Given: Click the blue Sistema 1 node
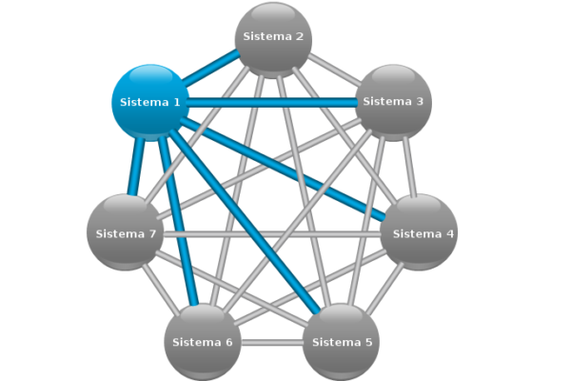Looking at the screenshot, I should (150, 101).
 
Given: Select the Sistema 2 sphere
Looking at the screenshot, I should (273, 38).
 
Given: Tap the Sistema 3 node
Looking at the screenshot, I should (394, 101).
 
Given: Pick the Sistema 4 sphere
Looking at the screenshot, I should (420, 232).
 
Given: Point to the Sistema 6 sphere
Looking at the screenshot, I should (203, 341).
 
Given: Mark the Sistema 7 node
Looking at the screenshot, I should (125, 232).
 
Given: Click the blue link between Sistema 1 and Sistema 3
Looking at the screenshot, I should (271, 101).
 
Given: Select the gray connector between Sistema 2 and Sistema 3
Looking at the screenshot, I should (333, 70).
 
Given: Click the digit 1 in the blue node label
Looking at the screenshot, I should (176, 101).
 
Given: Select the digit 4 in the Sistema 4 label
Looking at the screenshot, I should (451, 233).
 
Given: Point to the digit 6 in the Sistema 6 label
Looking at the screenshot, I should (228, 342).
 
